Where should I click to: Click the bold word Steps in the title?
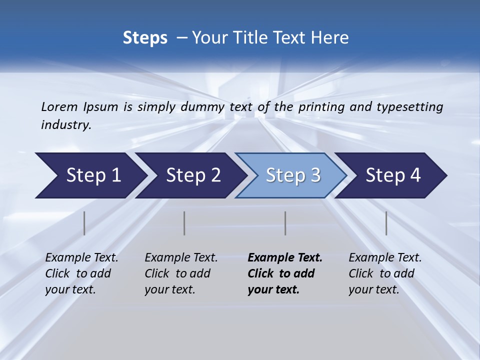pos(145,38)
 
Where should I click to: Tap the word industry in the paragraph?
pos(65,125)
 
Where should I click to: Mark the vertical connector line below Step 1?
pos(84,223)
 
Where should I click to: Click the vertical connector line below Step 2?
pos(184,223)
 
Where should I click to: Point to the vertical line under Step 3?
pos(285,223)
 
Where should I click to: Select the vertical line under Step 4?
pos(386,223)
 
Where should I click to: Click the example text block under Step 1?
pos(81,273)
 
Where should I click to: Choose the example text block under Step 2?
pos(181,273)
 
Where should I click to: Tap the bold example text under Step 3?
pos(284,273)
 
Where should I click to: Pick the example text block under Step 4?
pos(385,273)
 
